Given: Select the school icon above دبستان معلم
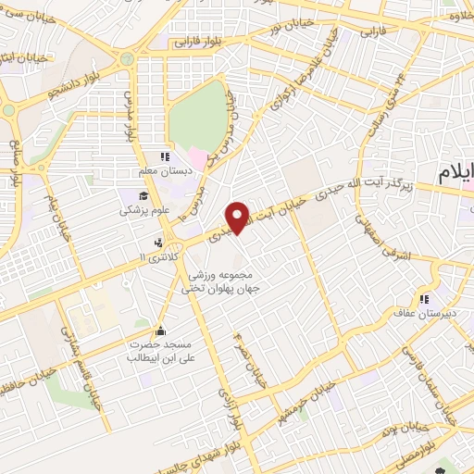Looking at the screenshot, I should [x=165, y=157].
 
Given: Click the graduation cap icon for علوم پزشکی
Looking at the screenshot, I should [x=143, y=195].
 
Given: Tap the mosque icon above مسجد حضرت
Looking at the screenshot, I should [x=160, y=331].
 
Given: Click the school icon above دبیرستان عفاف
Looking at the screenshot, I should [x=425, y=299].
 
